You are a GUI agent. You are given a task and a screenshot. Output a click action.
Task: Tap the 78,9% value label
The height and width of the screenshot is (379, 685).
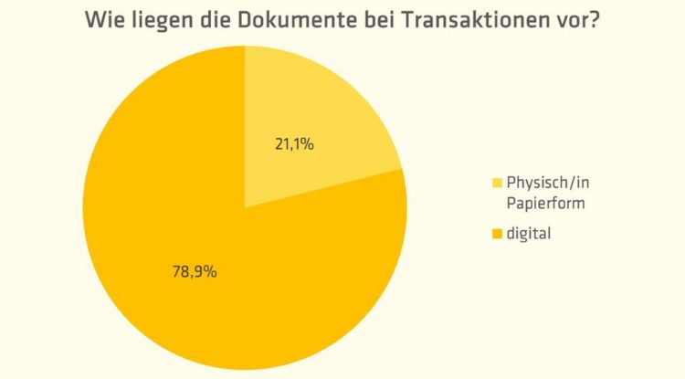194,271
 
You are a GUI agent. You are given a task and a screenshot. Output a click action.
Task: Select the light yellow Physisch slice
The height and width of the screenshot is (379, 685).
320,110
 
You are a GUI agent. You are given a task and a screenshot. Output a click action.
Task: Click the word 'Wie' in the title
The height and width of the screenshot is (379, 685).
103,20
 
